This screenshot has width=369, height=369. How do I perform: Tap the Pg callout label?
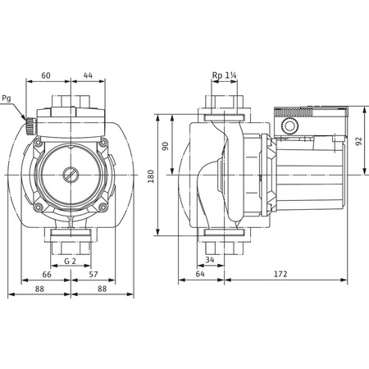tap(8, 100)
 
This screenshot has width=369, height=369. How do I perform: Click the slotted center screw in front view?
tap(70, 174)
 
